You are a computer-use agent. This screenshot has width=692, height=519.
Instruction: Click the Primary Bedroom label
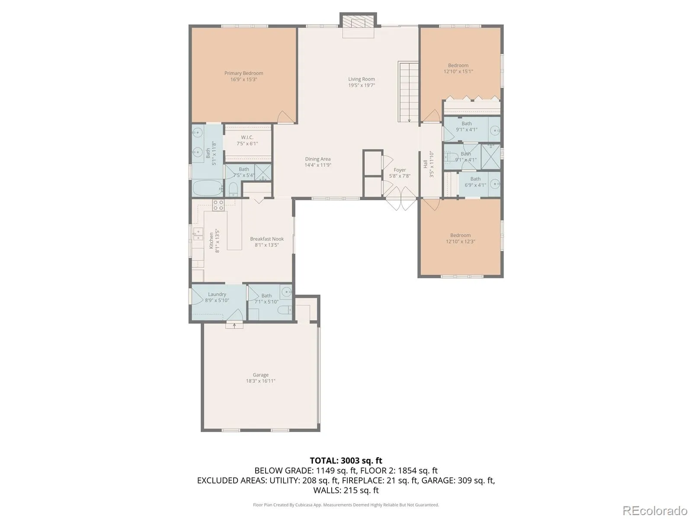pyautogui.click(x=243, y=73)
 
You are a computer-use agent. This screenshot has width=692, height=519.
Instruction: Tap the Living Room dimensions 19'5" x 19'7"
pyautogui.click(x=361, y=85)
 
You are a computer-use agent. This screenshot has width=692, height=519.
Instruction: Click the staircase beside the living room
pyautogui.click(x=409, y=92)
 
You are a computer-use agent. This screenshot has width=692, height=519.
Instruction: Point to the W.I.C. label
pyautogui.click(x=247, y=138)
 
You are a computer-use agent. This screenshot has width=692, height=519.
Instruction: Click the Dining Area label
pyautogui.click(x=317, y=159)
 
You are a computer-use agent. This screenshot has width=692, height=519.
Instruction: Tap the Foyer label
pyautogui.click(x=400, y=170)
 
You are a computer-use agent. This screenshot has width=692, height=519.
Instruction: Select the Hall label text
pyautogui.click(x=425, y=164)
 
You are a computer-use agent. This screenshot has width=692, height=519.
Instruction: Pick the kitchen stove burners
pyautogui.click(x=218, y=205)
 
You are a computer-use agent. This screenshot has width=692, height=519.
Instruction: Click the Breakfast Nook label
pyautogui.click(x=267, y=239)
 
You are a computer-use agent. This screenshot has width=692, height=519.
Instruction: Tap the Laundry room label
pyautogui.click(x=217, y=295)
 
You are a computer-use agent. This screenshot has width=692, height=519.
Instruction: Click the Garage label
pyautogui.click(x=260, y=375)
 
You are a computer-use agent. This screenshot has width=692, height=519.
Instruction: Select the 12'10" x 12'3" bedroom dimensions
pyautogui.click(x=460, y=242)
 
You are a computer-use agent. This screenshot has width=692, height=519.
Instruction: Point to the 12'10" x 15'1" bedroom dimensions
pyautogui.click(x=458, y=71)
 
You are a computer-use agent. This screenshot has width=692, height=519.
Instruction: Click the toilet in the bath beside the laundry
pyautogui.click(x=285, y=310)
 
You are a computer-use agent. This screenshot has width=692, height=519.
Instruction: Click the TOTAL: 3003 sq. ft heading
pyautogui.click(x=346, y=461)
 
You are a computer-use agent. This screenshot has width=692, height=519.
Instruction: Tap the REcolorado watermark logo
pyautogui.click(x=655, y=510)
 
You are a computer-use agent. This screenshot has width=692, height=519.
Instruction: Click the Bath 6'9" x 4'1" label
pyautogui.click(x=475, y=182)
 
